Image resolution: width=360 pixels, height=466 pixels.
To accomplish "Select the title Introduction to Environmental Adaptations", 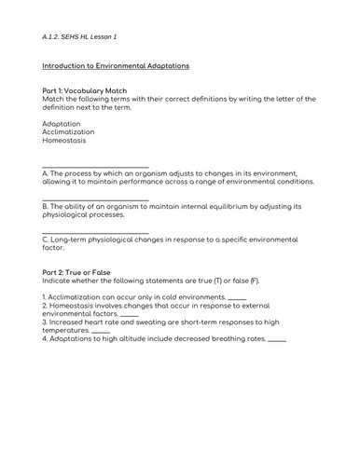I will [117, 66].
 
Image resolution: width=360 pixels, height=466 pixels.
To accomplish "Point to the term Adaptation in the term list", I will [62, 123].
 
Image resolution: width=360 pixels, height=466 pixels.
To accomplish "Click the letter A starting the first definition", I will [46, 173].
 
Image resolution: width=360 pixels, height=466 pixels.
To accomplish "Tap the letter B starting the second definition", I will [46, 206].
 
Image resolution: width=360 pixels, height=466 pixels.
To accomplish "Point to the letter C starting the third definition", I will [46, 239].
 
